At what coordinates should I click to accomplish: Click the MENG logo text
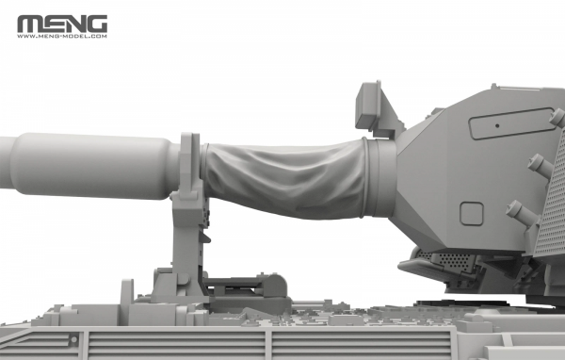pyautogui.click(x=61, y=24)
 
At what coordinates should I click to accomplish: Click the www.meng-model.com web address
pyautogui.click(x=61, y=37)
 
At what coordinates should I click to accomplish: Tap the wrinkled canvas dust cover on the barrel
pyautogui.click(x=282, y=178)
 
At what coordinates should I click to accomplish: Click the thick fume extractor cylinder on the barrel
pyautogui.click(x=94, y=165)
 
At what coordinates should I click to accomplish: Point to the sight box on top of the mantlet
pyautogui.click(x=378, y=107)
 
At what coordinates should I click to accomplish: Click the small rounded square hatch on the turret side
pyautogui.click(x=471, y=214)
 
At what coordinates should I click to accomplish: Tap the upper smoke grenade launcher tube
pyautogui.click(x=541, y=166)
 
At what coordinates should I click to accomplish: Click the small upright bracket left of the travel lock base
pyautogui.click(x=127, y=291)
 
